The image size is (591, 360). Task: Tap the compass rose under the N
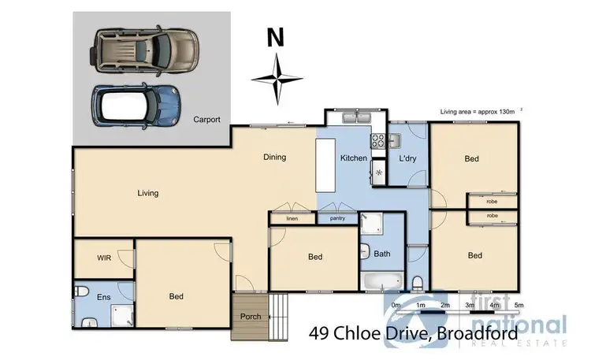(277, 79)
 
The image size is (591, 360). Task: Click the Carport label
(206, 120)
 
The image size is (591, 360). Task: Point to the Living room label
(147, 193)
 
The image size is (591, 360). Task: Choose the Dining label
(274, 158)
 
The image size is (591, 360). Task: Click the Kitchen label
(354, 158)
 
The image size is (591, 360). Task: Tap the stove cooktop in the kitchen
(377, 143)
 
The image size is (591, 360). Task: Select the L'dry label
(407, 158)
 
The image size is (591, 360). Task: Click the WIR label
(103, 258)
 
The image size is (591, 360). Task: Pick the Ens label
(103, 297)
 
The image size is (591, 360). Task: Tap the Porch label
(251, 317)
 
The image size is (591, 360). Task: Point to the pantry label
(338, 217)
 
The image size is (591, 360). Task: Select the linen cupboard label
(292, 217)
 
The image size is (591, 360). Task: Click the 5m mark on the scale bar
(519, 305)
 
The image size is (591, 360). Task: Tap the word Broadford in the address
(479, 333)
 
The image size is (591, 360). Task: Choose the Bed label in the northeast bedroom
(471, 159)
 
